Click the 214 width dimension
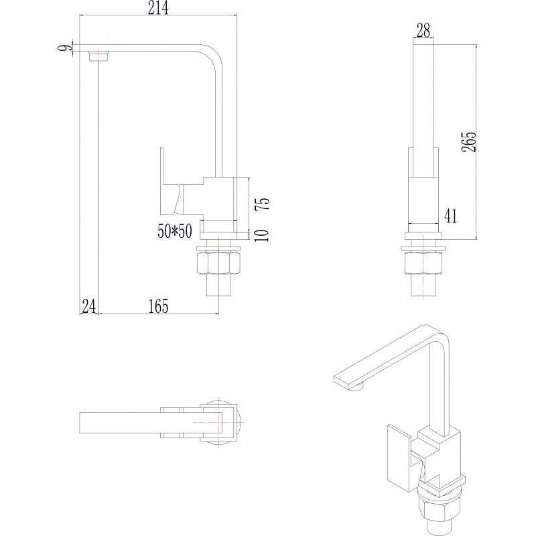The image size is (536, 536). [158, 8]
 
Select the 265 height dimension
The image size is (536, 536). [468, 141]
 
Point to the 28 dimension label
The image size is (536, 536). [423, 31]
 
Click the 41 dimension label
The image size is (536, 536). [450, 216]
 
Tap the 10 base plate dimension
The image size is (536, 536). [262, 235]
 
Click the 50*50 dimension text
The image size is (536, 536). [175, 231]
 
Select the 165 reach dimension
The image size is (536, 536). [158, 306]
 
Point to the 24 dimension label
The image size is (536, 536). [89, 306]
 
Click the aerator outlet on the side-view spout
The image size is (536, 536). [98, 56]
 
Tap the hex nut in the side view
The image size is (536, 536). [218, 263]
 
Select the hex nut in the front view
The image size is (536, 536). [423, 263]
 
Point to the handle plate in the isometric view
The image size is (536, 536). [399, 453]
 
